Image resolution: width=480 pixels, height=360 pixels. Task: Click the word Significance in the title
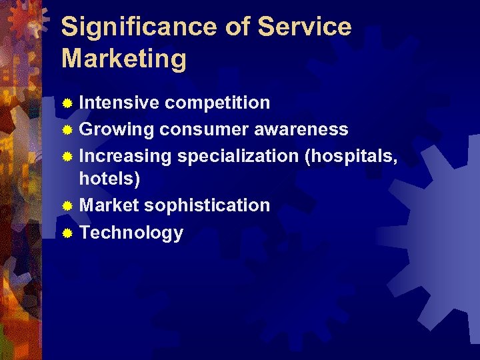[137, 27]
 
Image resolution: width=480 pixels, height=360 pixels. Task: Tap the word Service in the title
[304, 27]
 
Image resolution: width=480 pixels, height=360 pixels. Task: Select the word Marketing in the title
[124, 59]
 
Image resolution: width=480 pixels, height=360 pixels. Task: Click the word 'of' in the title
[235, 27]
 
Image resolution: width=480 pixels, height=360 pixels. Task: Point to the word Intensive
[119, 103]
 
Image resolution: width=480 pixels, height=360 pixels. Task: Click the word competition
[217, 103]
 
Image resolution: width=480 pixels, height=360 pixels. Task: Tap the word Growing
[117, 129]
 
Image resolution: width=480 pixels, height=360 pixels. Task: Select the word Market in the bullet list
[109, 205]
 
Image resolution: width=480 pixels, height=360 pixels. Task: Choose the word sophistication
[207, 205]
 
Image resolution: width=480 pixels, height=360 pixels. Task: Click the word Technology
[131, 233]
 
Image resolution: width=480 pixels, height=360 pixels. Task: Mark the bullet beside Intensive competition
[67, 103]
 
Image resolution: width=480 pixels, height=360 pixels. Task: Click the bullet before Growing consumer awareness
[67, 129]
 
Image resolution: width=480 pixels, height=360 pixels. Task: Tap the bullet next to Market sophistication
[67, 206]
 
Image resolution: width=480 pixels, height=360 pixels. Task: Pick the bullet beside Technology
[67, 233]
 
